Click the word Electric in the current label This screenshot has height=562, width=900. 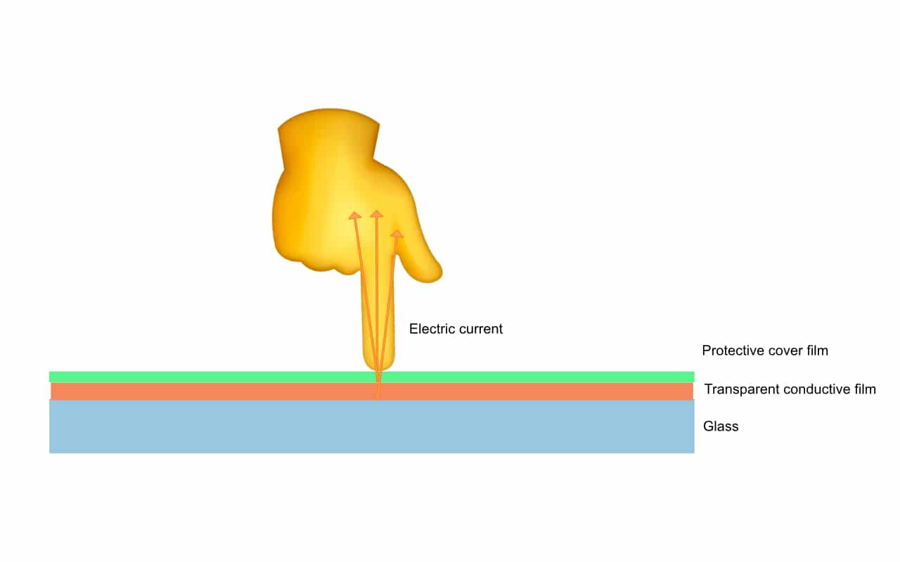click(430, 329)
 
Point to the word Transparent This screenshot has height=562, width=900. click(738, 389)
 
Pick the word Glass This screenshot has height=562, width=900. click(721, 426)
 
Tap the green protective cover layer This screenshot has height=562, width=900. click(211, 377)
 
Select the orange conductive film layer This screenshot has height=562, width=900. click(211, 391)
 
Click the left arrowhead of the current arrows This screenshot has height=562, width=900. click(354, 215)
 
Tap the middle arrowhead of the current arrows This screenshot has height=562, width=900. click(377, 213)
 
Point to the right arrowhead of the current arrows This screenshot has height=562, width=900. click(398, 233)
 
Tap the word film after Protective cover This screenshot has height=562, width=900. click(816, 351)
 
